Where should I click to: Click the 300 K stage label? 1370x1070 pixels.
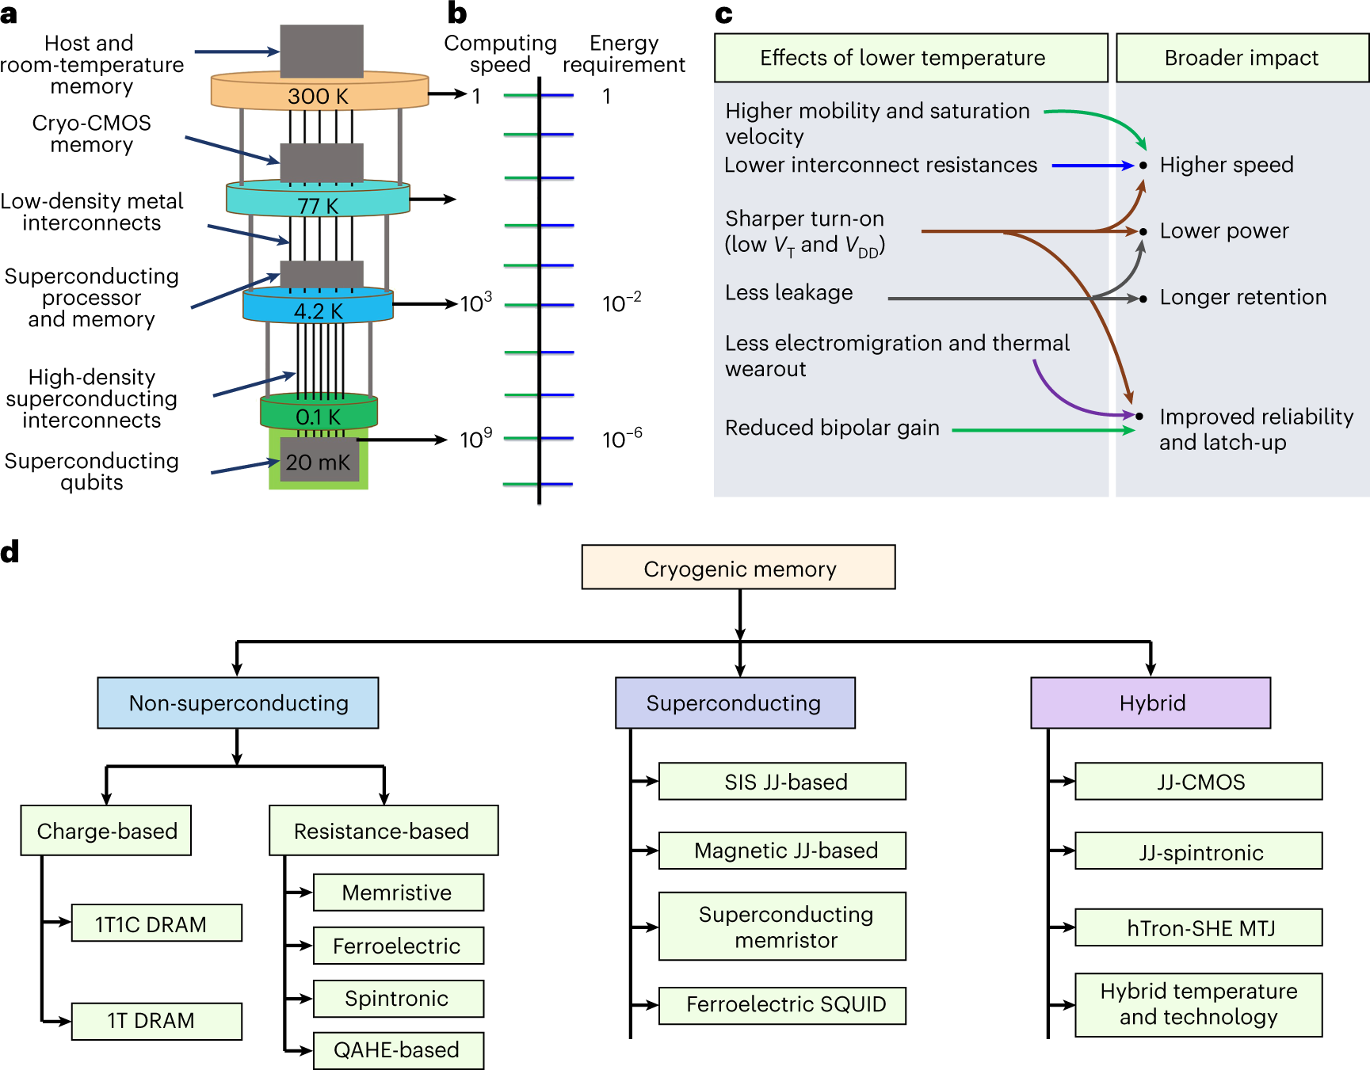[319, 96]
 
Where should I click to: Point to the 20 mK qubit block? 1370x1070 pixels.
[319, 462]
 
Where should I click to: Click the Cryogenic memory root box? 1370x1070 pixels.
[738, 568]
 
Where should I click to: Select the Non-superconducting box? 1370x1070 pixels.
[238, 703]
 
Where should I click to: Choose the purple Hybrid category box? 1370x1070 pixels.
[1151, 703]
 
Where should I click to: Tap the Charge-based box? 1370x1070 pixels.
[106, 831]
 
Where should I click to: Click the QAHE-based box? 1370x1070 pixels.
[398, 1050]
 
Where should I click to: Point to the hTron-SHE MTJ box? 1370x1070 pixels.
[1198, 927]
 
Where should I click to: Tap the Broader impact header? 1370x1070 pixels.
[1242, 58]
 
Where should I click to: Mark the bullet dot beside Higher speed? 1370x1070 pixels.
[1143, 166]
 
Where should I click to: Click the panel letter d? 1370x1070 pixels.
[10, 552]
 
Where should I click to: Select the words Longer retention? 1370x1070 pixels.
[1242, 297]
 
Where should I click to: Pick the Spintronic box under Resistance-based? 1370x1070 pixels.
[398, 999]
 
